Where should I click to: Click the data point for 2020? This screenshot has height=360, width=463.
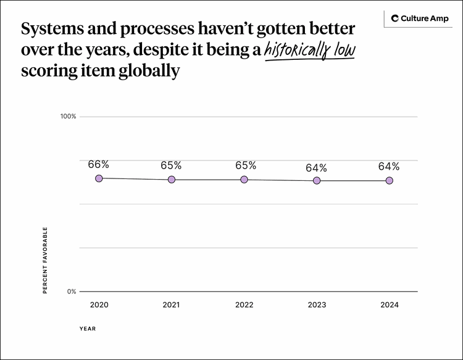click(x=99, y=178)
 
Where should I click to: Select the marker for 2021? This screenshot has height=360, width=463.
click(x=172, y=179)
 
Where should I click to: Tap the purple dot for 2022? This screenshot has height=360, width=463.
click(x=244, y=179)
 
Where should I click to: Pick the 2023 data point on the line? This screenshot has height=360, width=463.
click(x=317, y=180)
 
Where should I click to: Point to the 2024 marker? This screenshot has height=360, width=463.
click(x=390, y=180)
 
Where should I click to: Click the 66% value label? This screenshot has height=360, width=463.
click(x=99, y=164)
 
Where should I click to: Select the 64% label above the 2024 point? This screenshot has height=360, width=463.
click(x=389, y=167)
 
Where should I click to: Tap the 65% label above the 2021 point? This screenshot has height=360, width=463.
click(x=171, y=165)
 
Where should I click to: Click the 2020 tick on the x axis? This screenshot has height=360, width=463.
click(x=99, y=305)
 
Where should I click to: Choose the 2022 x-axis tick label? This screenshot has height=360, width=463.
click(x=244, y=305)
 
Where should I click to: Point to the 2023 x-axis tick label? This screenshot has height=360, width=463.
click(x=317, y=305)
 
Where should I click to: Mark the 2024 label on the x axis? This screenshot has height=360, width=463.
click(x=390, y=305)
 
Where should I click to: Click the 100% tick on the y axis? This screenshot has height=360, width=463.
click(x=67, y=116)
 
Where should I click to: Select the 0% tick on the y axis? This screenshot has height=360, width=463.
click(x=71, y=291)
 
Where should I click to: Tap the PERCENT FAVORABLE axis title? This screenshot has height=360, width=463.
click(x=45, y=260)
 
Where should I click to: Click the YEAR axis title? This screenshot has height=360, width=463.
click(x=87, y=329)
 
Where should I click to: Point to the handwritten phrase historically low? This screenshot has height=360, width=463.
click(x=309, y=51)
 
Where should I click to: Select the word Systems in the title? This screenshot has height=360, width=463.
click(x=50, y=29)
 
